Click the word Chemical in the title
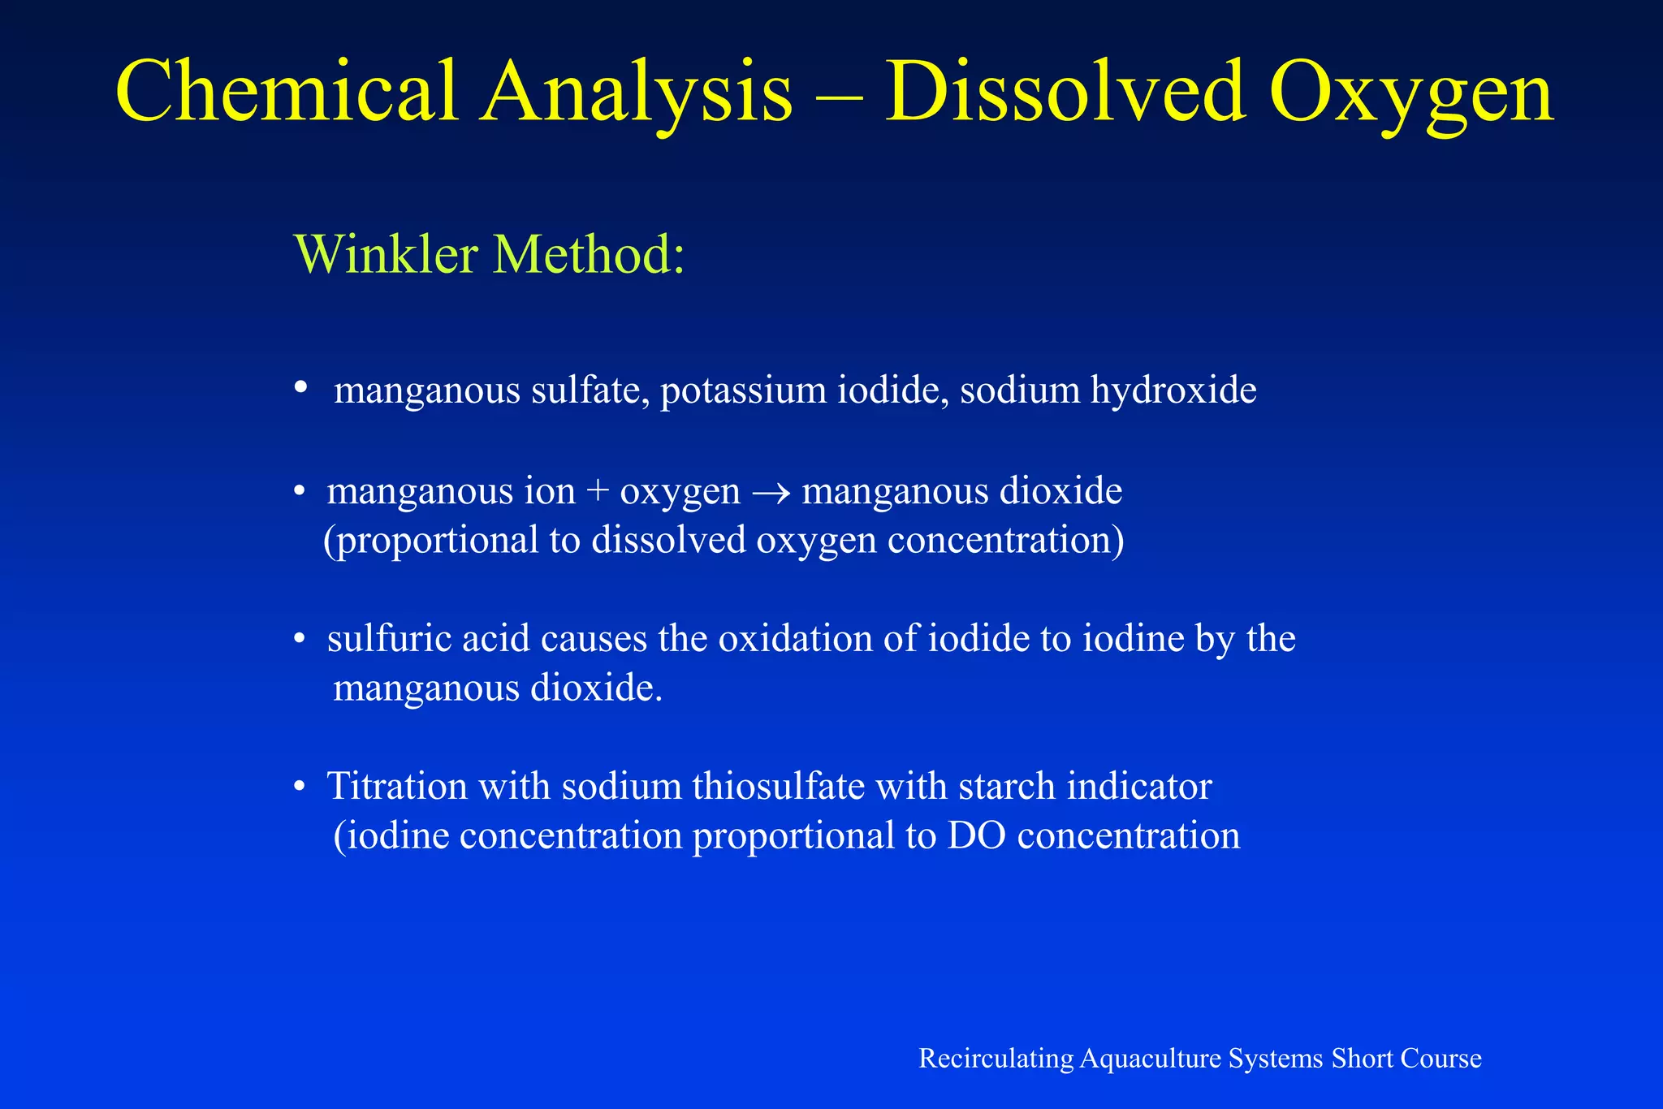pyautogui.click(x=287, y=91)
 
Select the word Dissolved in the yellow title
pyautogui.click(x=1065, y=91)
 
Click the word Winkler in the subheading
pyautogui.click(x=387, y=254)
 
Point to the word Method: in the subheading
pyautogui.click(x=590, y=254)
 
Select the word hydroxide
pyautogui.click(x=1173, y=390)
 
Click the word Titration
pyautogui.click(x=397, y=787)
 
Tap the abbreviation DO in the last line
pyautogui.click(x=977, y=836)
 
